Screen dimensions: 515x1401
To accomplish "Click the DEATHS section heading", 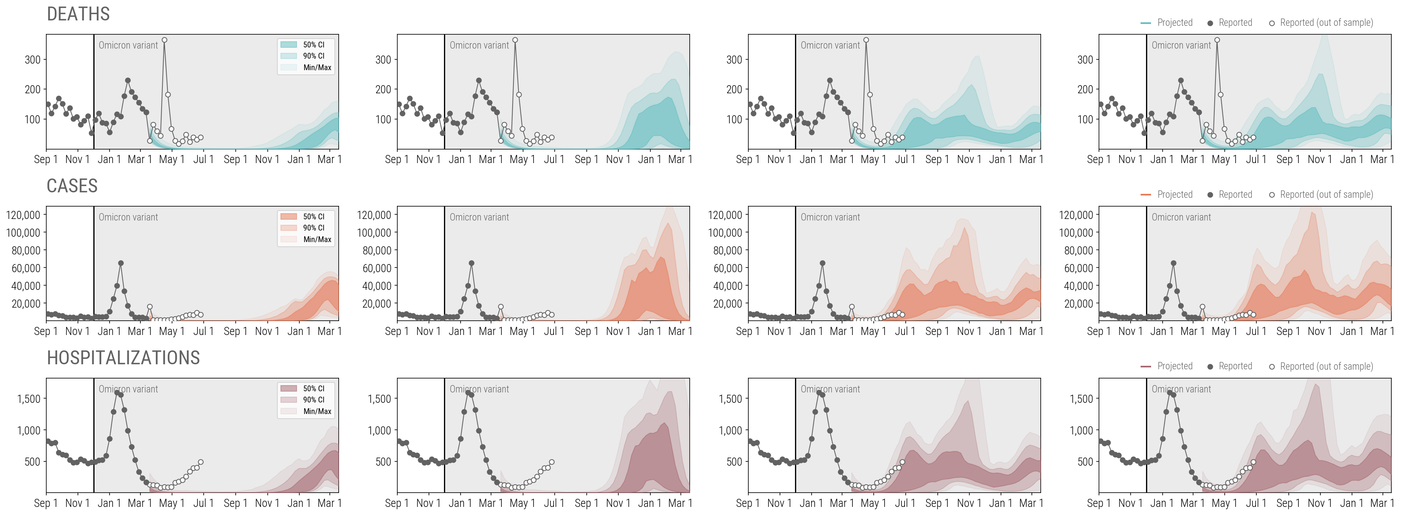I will click(78, 14).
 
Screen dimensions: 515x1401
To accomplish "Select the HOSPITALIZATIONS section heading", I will click(123, 358).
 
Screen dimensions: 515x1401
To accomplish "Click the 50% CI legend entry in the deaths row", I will click(313, 45).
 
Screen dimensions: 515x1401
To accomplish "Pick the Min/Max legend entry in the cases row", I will click(317, 239).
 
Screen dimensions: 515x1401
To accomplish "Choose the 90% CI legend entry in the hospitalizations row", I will click(313, 400).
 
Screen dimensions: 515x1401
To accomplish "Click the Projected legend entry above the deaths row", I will click(1174, 23).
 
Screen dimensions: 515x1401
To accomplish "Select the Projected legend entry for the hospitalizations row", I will click(1174, 366).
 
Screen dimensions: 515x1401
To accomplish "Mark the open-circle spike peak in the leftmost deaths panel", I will click(164, 40).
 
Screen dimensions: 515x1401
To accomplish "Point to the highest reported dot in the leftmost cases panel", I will click(121, 263).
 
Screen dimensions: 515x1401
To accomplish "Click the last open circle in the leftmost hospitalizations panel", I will click(201, 462).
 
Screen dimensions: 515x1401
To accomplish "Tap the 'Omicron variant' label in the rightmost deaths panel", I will click(1181, 45).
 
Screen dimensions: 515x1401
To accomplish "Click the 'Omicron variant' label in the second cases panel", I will click(479, 217).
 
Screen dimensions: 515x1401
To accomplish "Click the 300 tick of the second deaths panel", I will click(383, 60).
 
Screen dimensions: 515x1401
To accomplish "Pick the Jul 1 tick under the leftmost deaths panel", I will click(203, 160).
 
